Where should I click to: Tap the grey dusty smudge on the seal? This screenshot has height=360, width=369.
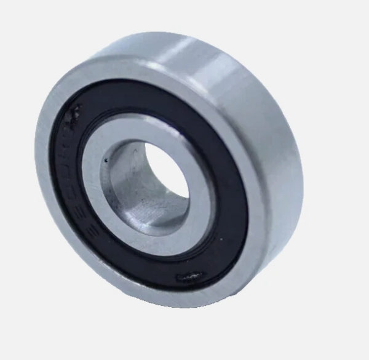point(74,114)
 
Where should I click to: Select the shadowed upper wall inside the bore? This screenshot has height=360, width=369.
point(132,154)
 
